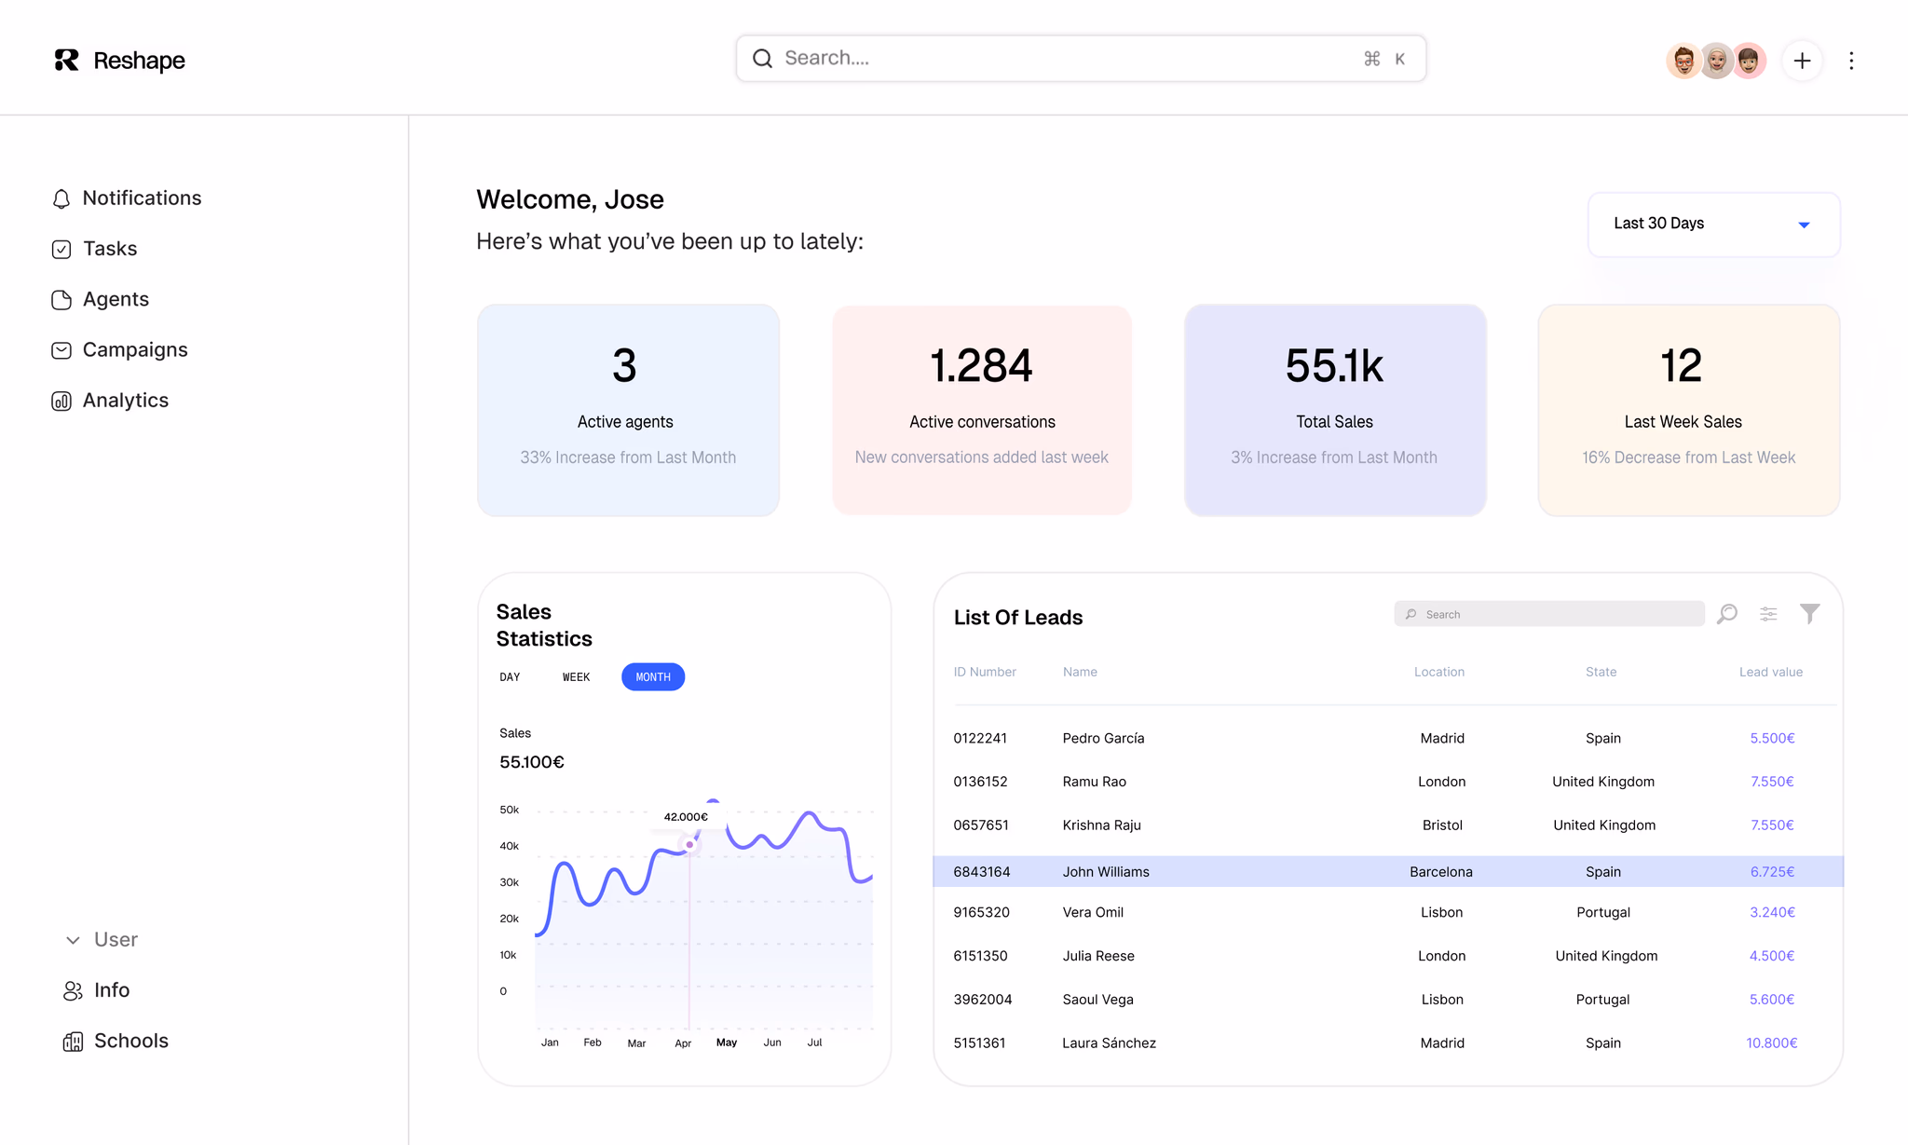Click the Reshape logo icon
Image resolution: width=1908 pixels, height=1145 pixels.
66,60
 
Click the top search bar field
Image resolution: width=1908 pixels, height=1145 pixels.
1081,59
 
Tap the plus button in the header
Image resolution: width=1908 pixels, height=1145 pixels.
1802,61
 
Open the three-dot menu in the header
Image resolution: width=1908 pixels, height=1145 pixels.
1851,61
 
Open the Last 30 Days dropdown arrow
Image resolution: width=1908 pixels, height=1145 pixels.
1804,225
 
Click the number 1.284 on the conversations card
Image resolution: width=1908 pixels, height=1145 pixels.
981,365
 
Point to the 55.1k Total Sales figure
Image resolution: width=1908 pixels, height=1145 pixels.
1334,365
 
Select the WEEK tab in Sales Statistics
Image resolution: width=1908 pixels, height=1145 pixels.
576,677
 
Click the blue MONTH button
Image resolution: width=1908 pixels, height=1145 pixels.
653,677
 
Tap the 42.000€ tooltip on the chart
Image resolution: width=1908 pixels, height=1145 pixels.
686,817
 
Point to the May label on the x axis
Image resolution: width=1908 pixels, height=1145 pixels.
727,1043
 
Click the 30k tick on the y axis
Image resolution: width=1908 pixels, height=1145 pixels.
509,882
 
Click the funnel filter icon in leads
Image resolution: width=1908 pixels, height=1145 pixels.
1809,614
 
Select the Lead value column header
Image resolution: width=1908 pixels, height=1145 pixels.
1770,672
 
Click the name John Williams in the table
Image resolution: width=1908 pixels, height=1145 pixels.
1106,872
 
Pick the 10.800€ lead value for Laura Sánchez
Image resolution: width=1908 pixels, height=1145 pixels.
1771,1043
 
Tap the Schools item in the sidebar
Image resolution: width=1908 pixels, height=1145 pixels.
116,1042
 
